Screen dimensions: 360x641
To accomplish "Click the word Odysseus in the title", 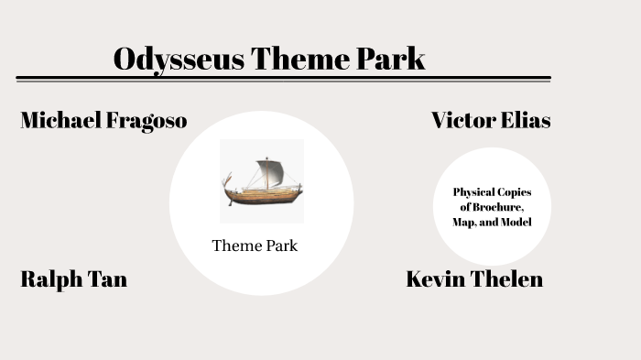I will [179, 59].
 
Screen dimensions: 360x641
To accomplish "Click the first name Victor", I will [463, 120].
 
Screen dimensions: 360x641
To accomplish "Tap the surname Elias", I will [526, 120].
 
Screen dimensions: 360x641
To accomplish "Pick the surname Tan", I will [108, 279].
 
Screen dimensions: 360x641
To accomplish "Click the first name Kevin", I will [435, 279].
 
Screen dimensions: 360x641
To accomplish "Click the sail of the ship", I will [270, 171].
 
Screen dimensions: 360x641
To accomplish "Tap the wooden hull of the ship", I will [264, 195].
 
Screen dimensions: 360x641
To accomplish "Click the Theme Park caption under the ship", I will [255, 245].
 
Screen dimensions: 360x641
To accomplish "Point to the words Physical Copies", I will [492, 192].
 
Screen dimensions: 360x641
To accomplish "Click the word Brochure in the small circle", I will [499, 208].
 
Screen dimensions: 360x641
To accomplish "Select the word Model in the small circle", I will [516, 223].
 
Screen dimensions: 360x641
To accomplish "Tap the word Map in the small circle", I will [462, 223].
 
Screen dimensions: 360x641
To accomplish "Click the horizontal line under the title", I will [284, 79].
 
